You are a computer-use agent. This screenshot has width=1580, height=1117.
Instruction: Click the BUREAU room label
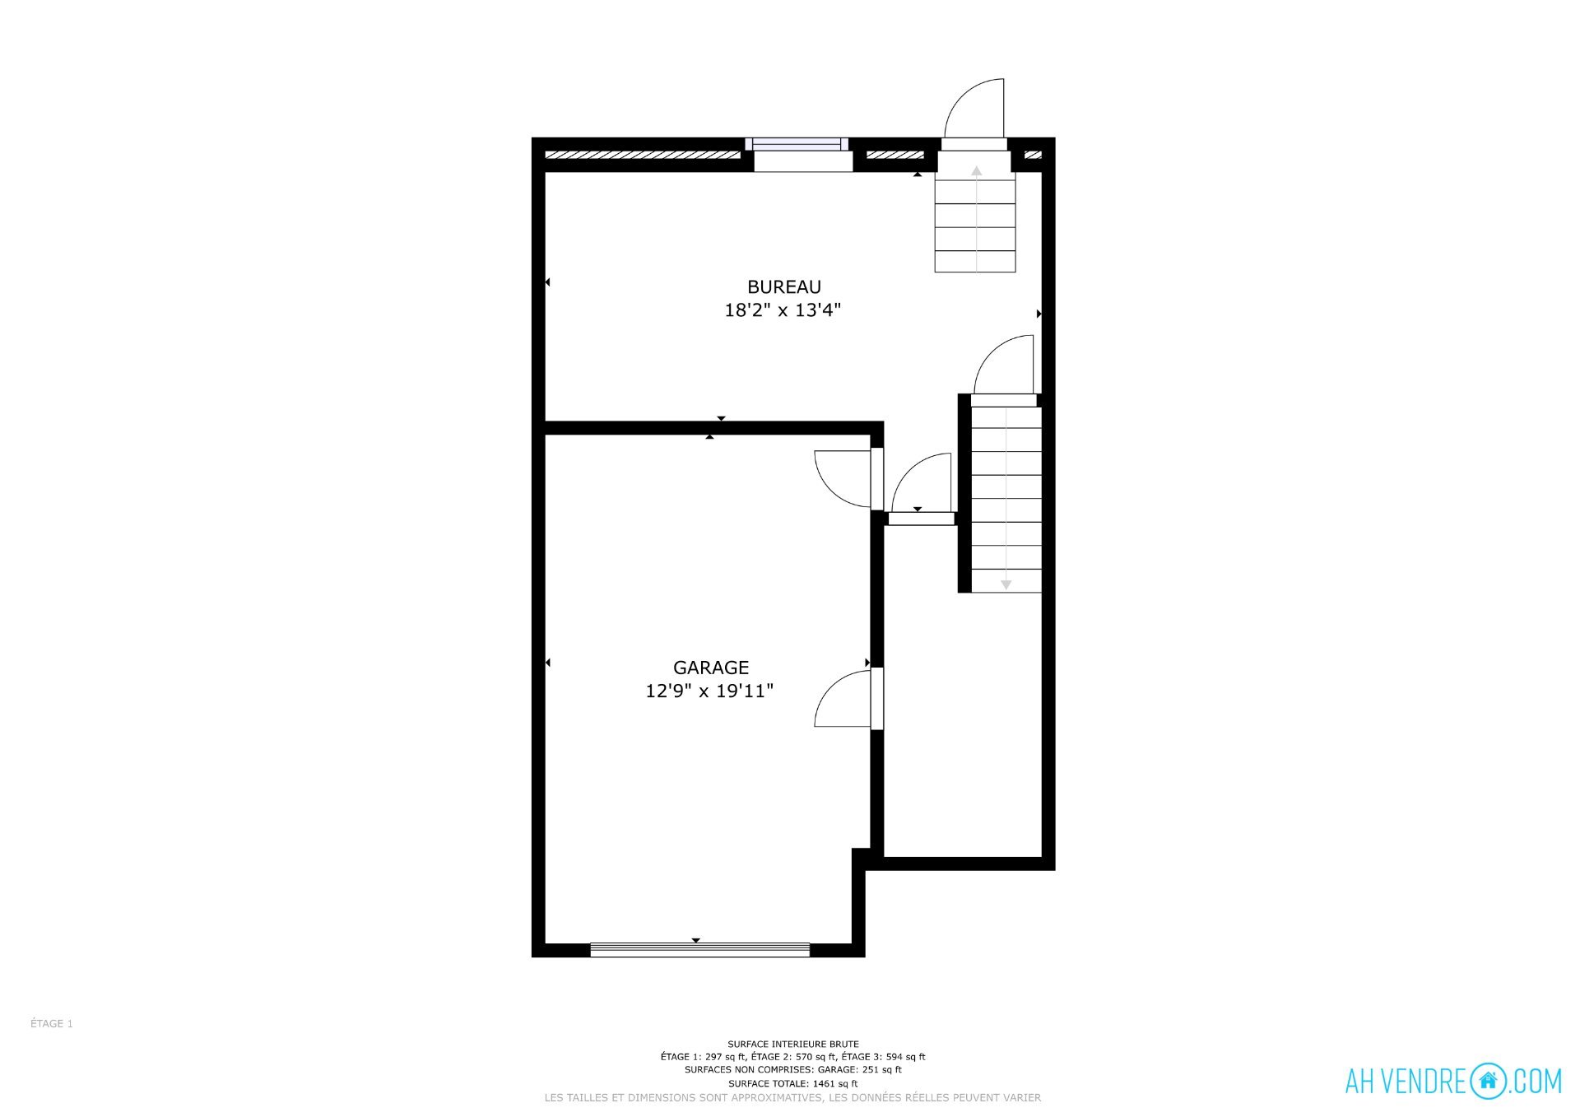[x=783, y=286]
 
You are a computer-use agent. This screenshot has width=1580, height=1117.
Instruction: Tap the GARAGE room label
[x=711, y=668]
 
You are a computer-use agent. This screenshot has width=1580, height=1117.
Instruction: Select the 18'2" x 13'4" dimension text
[x=783, y=310]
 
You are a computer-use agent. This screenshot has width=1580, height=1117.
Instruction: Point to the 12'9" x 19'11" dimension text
[x=709, y=691]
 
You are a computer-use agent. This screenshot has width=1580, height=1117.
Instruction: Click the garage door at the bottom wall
[x=700, y=950]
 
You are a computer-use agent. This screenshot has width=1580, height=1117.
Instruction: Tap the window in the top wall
[x=797, y=144]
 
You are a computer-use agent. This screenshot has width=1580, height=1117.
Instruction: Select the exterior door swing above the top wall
[x=974, y=109]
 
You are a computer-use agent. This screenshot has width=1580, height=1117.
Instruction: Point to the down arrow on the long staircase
[x=1006, y=499]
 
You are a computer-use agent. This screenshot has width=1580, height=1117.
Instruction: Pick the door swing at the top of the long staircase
[x=1004, y=365]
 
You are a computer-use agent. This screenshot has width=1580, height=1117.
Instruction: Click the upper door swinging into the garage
[x=843, y=479]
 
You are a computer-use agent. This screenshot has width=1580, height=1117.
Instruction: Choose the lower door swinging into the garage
[x=843, y=699]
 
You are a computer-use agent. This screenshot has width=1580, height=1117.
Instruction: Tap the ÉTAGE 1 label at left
[x=52, y=1024]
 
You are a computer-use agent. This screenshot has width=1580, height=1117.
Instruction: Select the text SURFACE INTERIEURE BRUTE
[x=793, y=1044]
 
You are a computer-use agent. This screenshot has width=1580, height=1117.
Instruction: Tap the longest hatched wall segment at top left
[x=643, y=155]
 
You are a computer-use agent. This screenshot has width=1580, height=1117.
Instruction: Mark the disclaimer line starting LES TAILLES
[x=793, y=1098]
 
